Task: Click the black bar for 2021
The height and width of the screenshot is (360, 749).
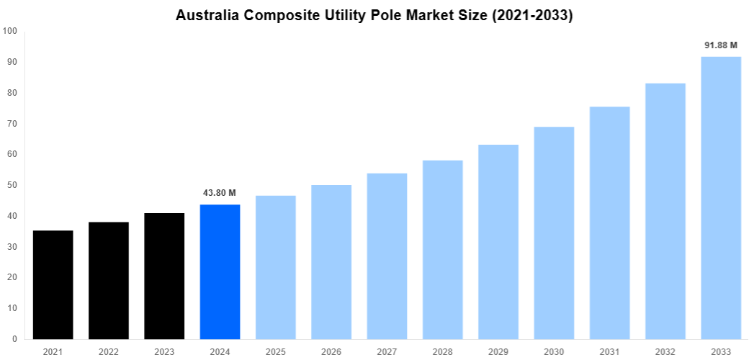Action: coord(53,284)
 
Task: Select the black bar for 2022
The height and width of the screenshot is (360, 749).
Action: coord(109,280)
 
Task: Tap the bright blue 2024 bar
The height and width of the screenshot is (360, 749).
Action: coord(220,271)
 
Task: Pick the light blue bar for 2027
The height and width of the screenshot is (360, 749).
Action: coord(387,256)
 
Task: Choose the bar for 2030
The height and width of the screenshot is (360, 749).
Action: coord(554,233)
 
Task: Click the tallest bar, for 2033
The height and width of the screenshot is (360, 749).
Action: coord(721,197)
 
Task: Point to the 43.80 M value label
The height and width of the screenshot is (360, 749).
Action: coord(220,193)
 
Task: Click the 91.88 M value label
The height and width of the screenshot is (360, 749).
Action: coord(721,45)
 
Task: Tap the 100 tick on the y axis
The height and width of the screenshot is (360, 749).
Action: coord(10,31)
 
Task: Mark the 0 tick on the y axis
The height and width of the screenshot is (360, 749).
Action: coord(14,339)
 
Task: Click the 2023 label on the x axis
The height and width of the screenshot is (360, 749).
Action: coord(164,351)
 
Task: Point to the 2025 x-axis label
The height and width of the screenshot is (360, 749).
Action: coord(275,351)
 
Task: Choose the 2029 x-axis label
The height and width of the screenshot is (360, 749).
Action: coord(498,351)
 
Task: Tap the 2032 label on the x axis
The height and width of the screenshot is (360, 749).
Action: coord(665,351)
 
